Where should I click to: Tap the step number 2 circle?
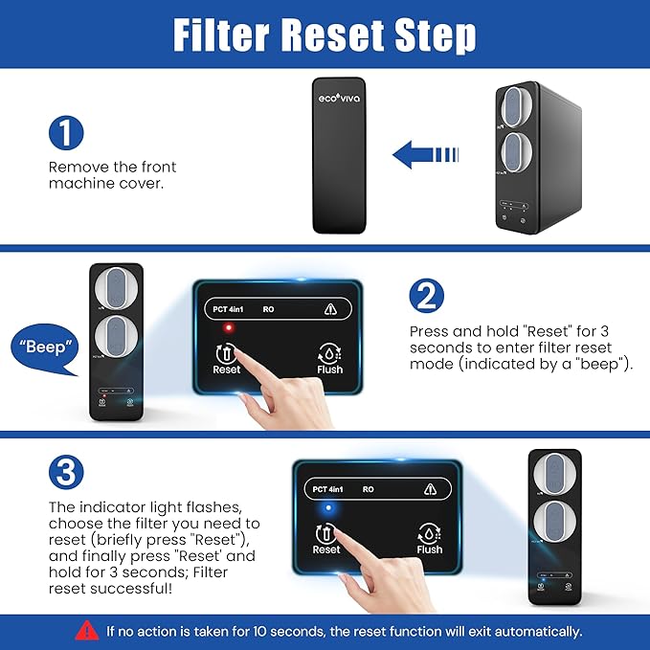tap(426, 296)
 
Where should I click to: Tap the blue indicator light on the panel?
tap(327, 509)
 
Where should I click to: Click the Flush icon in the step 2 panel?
tap(329, 351)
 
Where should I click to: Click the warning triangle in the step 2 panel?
tap(330, 308)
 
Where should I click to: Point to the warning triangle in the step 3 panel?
tap(430, 489)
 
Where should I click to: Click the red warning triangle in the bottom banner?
tap(87, 630)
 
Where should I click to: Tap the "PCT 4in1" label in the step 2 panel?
tap(229, 308)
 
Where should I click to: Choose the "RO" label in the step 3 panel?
tap(368, 489)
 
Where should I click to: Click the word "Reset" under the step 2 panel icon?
tap(227, 370)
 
